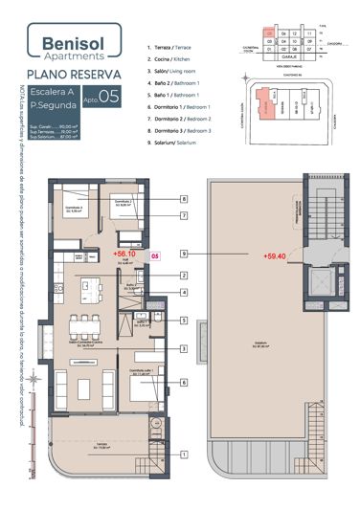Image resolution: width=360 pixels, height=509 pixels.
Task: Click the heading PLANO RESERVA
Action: pos(74,74)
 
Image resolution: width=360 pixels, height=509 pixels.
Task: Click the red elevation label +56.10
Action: pos(125,255)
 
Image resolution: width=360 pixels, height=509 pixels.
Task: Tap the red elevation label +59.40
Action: pos(274,255)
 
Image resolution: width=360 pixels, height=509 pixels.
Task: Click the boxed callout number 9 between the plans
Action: pos(183,254)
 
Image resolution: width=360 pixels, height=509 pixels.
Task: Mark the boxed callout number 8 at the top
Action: pos(183,199)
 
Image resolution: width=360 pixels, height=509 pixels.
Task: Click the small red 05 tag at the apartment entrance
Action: pos(156,256)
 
